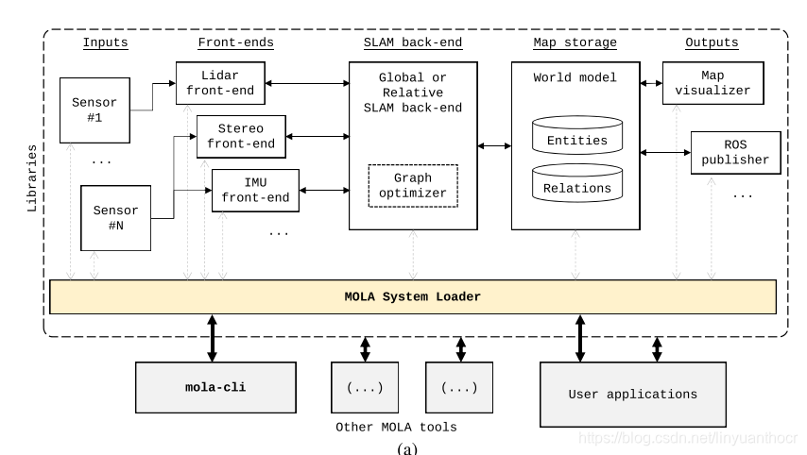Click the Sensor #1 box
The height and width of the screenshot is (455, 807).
click(94, 110)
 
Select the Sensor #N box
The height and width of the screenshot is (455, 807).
click(116, 218)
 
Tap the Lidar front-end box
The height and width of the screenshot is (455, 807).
click(220, 83)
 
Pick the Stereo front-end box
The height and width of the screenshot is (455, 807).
click(241, 136)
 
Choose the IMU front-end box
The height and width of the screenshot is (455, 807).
click(255, 191)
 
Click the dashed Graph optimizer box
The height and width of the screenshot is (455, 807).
click(413, 186)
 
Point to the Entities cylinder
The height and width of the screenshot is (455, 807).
click(577, 135)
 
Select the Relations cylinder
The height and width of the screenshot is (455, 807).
click(577, 183)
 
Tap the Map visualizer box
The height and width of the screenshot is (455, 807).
click(713, 83)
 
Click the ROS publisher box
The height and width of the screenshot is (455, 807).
click(735, 153)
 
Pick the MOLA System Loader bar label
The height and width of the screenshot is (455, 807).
click(413, 296)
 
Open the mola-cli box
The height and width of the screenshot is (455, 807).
click(215, 388)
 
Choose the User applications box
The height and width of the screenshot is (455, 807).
click(633, 395)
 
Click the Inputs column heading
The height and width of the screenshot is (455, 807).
click(106, 42)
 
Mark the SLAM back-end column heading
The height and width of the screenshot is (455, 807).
click(413, 42)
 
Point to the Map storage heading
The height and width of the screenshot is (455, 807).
click(575, 42)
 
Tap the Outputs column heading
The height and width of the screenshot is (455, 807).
click(712, 42)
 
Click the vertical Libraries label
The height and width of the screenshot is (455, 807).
click(32, 178)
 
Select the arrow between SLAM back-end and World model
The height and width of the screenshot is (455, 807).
click(494, 146)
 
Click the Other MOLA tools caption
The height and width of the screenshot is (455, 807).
click(396, 428)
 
